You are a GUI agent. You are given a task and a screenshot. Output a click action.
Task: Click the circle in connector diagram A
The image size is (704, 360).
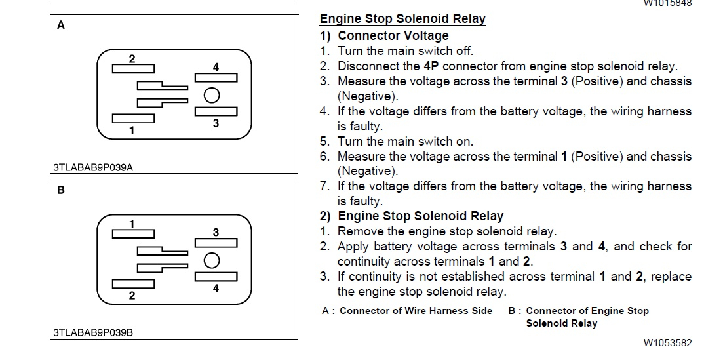[211, 95]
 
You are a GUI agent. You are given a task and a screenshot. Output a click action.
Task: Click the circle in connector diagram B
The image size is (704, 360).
[211, 260]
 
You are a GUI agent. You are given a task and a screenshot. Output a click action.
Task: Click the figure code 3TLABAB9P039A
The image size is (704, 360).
[93, 167]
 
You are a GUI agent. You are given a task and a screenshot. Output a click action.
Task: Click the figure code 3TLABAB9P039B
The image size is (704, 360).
[93, 332]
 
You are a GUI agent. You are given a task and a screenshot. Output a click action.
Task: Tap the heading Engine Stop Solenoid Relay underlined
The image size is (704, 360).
[402, 18]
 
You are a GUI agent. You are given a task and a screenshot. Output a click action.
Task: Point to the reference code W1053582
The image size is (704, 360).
[667, 342]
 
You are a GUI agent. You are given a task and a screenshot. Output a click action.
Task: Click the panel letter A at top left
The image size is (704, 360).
[61, 26]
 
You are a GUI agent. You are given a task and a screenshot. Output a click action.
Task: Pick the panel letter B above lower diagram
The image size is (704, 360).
[61, 191]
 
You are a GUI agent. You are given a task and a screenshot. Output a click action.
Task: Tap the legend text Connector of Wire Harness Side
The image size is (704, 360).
[416, 311]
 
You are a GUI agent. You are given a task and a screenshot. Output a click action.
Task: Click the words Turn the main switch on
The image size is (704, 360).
[405, 141]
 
